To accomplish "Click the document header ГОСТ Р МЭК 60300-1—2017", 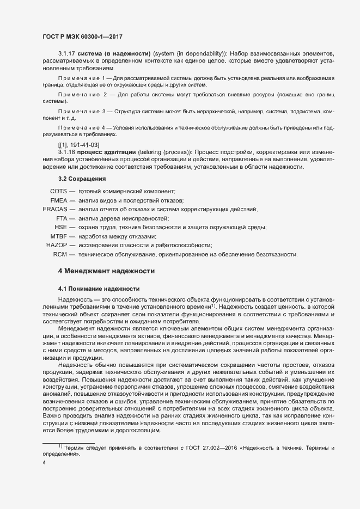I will [82, 36].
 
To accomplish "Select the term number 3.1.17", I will [67, 53].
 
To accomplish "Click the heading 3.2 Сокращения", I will [82, 178].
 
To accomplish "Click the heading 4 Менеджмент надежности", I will [106, 271].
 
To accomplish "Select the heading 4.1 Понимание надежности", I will [99, 288].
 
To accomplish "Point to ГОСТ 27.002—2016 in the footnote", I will [202, 463].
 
